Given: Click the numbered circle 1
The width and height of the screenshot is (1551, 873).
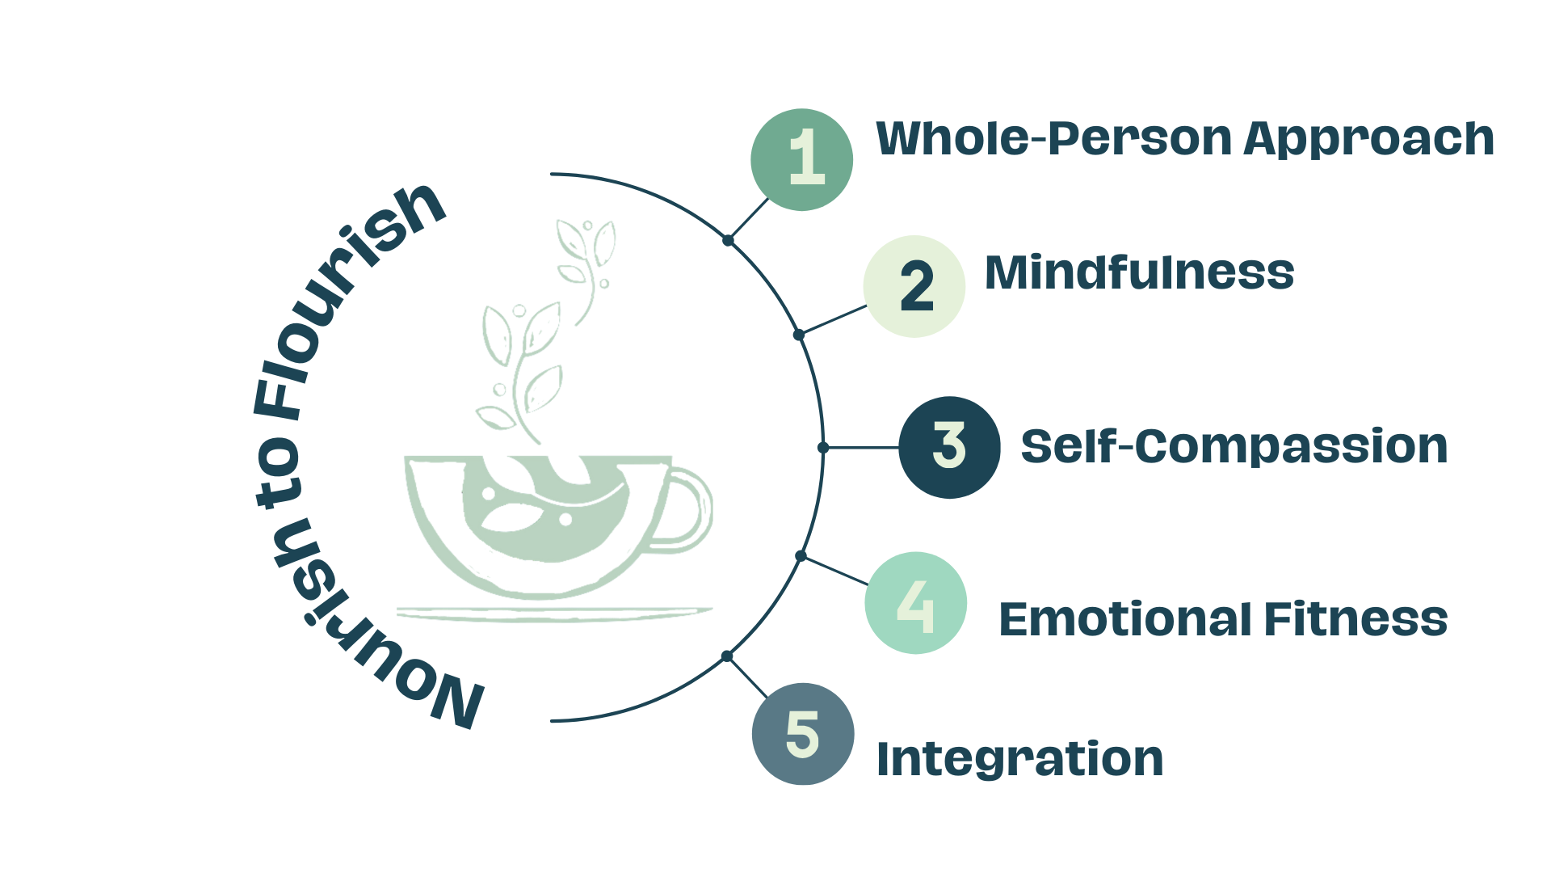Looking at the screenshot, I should (801, 159).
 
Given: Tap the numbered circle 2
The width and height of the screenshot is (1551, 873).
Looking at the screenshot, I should (914, 286).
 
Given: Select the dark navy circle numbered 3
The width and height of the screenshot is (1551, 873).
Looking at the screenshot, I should (949, 447).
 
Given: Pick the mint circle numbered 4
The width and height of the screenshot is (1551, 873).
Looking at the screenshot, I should (915, 603).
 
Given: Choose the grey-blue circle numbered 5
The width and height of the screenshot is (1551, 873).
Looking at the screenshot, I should (802, 734).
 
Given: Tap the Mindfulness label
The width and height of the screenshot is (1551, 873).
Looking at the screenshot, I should (1139, 272).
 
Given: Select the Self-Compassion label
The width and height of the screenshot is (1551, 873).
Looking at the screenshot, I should (1234, 447).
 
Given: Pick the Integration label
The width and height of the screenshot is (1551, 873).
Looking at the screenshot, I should (1019, 759).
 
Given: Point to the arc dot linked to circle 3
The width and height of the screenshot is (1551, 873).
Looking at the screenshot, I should (823, 447).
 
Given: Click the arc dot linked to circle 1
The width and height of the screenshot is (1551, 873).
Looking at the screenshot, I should (728, 240).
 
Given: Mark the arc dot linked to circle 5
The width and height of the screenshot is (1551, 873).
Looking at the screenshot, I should (727, 656).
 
